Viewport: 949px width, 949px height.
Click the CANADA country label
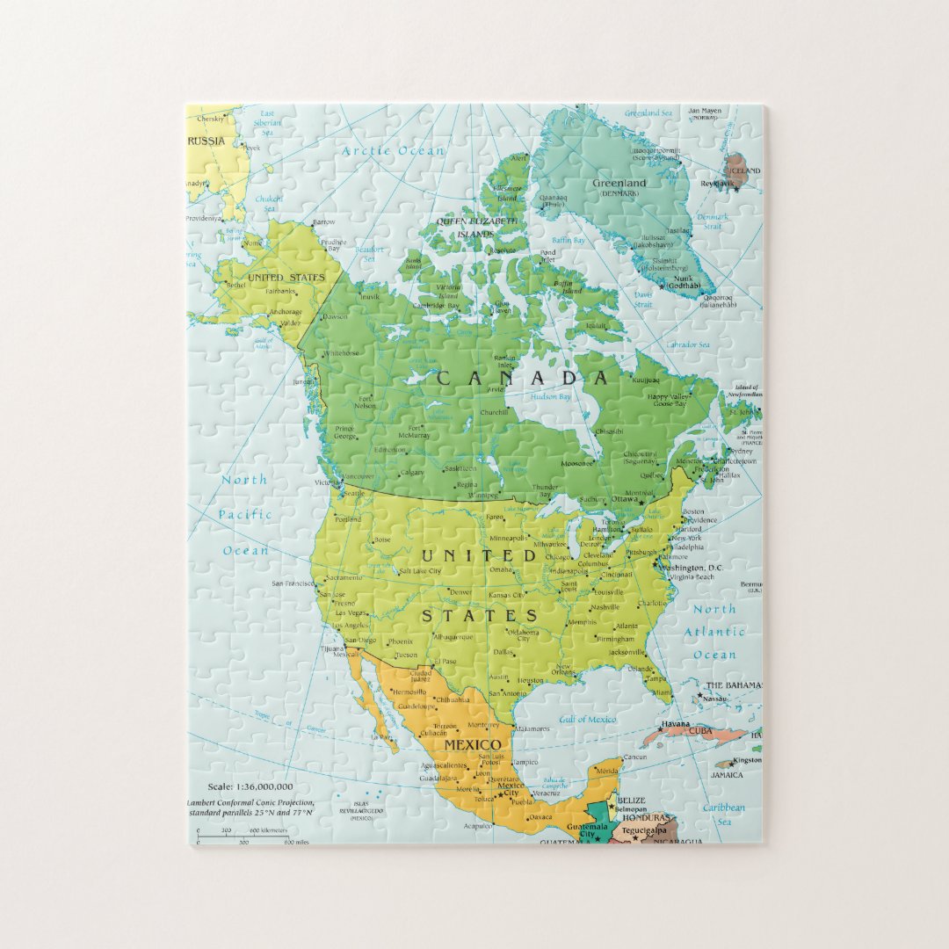[523, 378]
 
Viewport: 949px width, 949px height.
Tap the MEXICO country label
[472, 745]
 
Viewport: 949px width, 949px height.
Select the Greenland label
[619, 184]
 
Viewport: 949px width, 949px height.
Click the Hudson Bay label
[551, 396]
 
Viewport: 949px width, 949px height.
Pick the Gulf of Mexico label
[587, 720]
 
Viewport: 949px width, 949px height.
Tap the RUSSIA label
[206, 141]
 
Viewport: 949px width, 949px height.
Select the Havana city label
[676, 723]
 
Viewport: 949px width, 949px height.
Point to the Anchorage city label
[286, 312]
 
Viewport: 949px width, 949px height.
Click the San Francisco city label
[293, 583]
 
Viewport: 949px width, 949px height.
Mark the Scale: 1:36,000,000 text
[250, 786]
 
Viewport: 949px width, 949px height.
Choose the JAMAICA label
[727, 775]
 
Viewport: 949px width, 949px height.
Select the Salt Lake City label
[420, 571]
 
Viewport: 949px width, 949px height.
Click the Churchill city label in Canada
[494, 412]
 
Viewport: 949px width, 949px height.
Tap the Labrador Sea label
[687, 345]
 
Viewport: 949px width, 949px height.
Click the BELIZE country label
[631, 800]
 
